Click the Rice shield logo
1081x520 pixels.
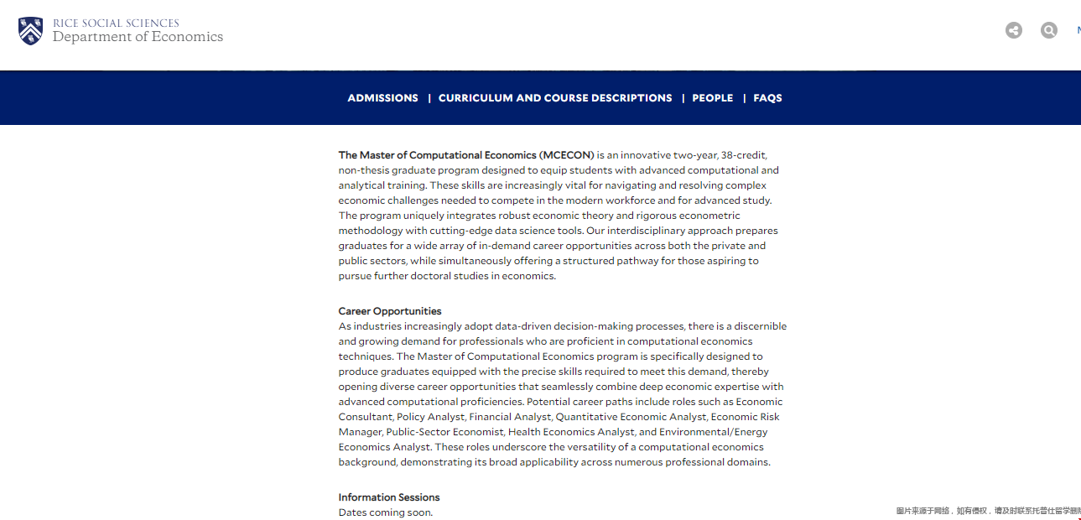[x=30, y=31]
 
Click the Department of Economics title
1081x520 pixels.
[x=138, y=37]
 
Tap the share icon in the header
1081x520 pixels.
[x=1014, y=31]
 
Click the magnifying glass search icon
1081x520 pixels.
[x=1049, y=31]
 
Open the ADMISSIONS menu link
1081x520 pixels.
[x=382, y=98]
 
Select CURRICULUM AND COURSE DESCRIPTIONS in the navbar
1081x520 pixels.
[x=555, y=98]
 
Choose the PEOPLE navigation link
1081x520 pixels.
[x=713, y=98]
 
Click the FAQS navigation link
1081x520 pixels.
[x=767, y=98]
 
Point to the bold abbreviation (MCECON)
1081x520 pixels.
[x=567, y=155]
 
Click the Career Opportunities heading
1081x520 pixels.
[x=390, y=311]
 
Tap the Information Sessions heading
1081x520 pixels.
[x=389, y=497]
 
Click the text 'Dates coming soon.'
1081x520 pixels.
[x=386, y=512]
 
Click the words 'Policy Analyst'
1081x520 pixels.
[x=431, y=417]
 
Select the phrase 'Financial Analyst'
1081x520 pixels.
[x=509, y=417]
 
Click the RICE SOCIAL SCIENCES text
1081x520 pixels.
[x=116, y=23]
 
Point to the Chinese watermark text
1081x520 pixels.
[x=987, y=511]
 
